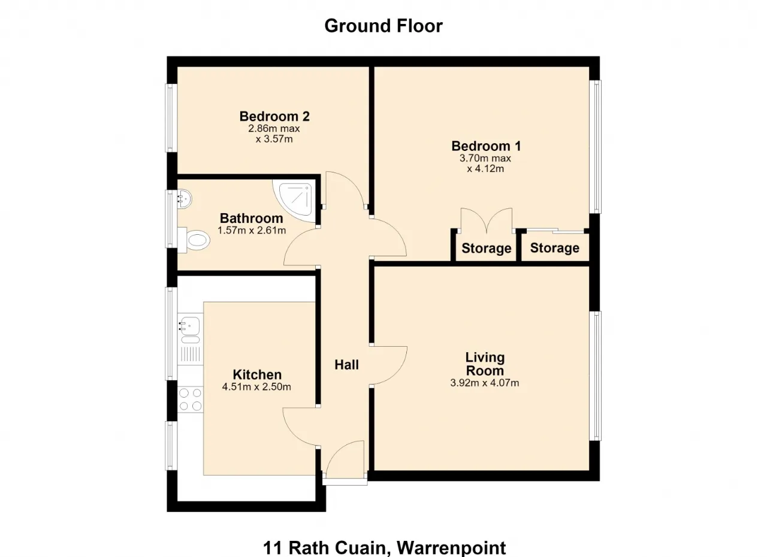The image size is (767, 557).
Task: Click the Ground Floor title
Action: coord(383,26)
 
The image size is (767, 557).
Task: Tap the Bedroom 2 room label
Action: coord(274,116)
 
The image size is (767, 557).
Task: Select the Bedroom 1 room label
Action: coord(486,146)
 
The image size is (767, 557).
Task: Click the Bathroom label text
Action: coord(251,218)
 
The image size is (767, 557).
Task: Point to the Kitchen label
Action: coord(257,374)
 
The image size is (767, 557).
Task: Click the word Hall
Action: coord(346,365)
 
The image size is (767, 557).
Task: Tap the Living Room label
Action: coord(485,364)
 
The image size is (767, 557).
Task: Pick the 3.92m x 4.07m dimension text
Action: coord(485,383)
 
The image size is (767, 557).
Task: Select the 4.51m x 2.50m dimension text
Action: coord(256,387)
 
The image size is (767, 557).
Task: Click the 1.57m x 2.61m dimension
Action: coord(252,231)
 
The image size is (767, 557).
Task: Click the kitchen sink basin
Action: coord(190,326)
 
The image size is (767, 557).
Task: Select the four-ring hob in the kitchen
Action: coord(191,399)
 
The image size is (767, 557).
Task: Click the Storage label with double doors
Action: coord(486,248)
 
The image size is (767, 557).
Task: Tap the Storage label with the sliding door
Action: coord(555,248)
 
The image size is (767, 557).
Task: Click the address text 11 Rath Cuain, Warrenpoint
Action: coord(384,548)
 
